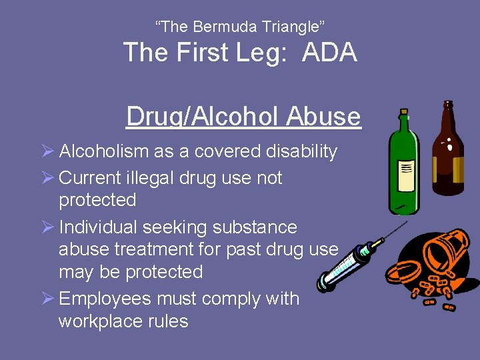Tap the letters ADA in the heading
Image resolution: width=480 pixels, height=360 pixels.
(329, 53)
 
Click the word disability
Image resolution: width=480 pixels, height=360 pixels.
(303, 151)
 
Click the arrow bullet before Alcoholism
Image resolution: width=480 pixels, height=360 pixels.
(47, 151)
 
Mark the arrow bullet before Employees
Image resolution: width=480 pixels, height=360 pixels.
(47, 298)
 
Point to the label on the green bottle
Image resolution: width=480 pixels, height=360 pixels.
(405, 177)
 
